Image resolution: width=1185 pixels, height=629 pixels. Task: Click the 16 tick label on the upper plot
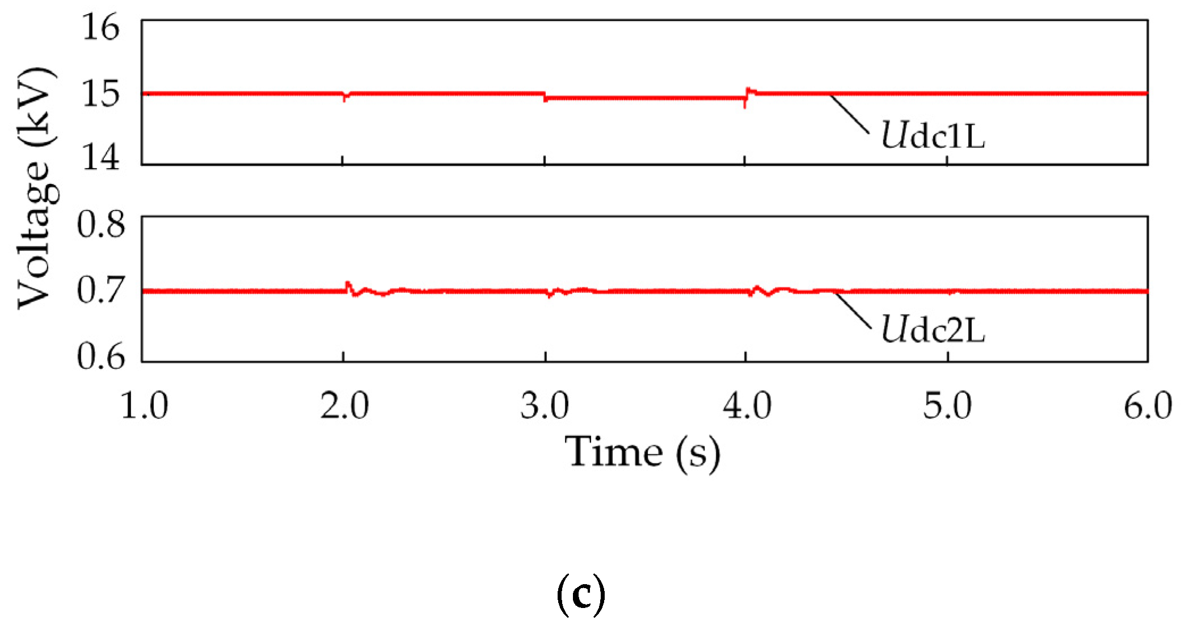(101, 27)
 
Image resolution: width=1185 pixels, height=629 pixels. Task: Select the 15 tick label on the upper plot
(101, 94)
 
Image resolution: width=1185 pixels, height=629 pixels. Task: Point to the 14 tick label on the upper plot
(101, 157)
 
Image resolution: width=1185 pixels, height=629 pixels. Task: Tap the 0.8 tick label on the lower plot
(101, 224)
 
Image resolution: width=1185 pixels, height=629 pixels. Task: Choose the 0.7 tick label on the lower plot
(101, 290)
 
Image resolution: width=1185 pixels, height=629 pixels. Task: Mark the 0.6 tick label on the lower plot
(101, 357)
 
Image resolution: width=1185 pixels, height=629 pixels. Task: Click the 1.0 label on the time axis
(144, 406)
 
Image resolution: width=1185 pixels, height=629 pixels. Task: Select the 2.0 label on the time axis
(344, 406)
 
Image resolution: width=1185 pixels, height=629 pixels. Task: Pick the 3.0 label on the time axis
(545, 406)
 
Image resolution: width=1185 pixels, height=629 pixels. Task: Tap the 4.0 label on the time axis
(747, 406)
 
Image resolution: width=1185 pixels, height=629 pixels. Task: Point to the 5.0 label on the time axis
(947, 406)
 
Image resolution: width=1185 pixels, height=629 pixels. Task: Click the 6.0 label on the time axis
(1148, 406)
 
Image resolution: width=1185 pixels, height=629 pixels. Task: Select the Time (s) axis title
(642, 452)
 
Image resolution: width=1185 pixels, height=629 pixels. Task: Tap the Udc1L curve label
(933, 136)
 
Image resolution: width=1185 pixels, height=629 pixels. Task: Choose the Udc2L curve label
(933, 330)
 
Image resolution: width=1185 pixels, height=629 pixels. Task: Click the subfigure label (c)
(581, 594)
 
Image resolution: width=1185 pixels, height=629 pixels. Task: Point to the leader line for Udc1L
(849, 114)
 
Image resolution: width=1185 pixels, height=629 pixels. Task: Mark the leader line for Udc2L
(853, 310)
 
